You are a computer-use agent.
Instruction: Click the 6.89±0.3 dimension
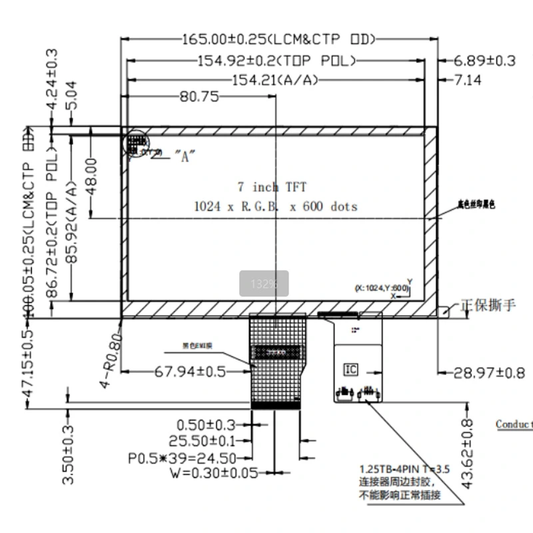(485, 61)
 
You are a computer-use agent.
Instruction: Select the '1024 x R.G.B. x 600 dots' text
(275, 207)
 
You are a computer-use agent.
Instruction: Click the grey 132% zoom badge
(264, 283)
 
